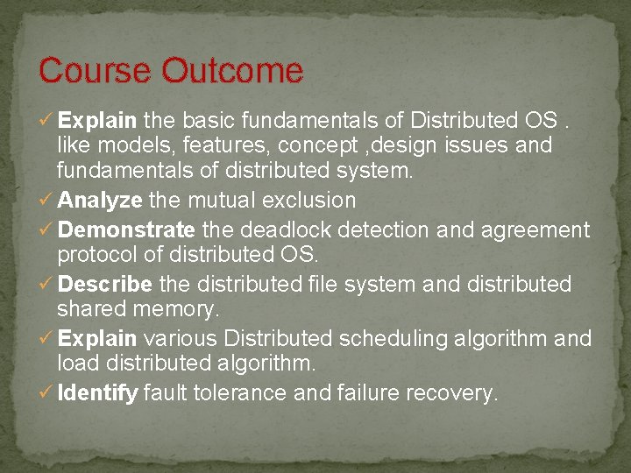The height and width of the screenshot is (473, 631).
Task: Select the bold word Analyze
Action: tap(100, 201)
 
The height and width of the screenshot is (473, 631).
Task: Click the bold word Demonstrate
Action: tap(126, 230)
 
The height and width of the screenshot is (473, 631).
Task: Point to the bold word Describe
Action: tap(105, 285)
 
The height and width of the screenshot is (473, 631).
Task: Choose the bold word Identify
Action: tap(97, 394)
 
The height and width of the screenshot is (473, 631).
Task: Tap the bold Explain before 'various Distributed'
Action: tap(96, 339)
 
